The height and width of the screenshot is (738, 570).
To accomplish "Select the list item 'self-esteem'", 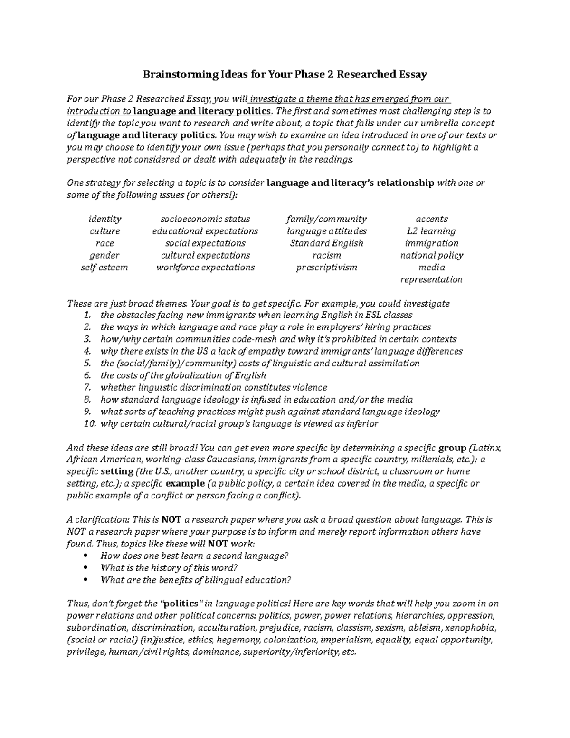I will click(x=104, y=267).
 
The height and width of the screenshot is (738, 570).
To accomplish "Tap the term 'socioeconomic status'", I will click(x=205, y=219).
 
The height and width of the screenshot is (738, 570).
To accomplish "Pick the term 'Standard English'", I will click(x=327, y=243).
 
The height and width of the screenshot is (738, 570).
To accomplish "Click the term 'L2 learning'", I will click(x=431, y=231).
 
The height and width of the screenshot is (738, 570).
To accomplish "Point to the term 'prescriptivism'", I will click(x=327, y=267).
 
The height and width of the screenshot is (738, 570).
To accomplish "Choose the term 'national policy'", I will click(x=431, y=255).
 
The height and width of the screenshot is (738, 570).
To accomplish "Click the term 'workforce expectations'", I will click(x=205, y=267).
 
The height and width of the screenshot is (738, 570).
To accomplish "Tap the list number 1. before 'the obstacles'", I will click(x=87, y=315).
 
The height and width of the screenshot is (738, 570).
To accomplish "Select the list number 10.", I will click(x=89, y=423).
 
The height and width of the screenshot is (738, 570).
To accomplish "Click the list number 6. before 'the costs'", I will click(x=87, y=375).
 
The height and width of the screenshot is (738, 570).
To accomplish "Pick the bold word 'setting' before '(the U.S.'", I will click(x=117, y=471).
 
